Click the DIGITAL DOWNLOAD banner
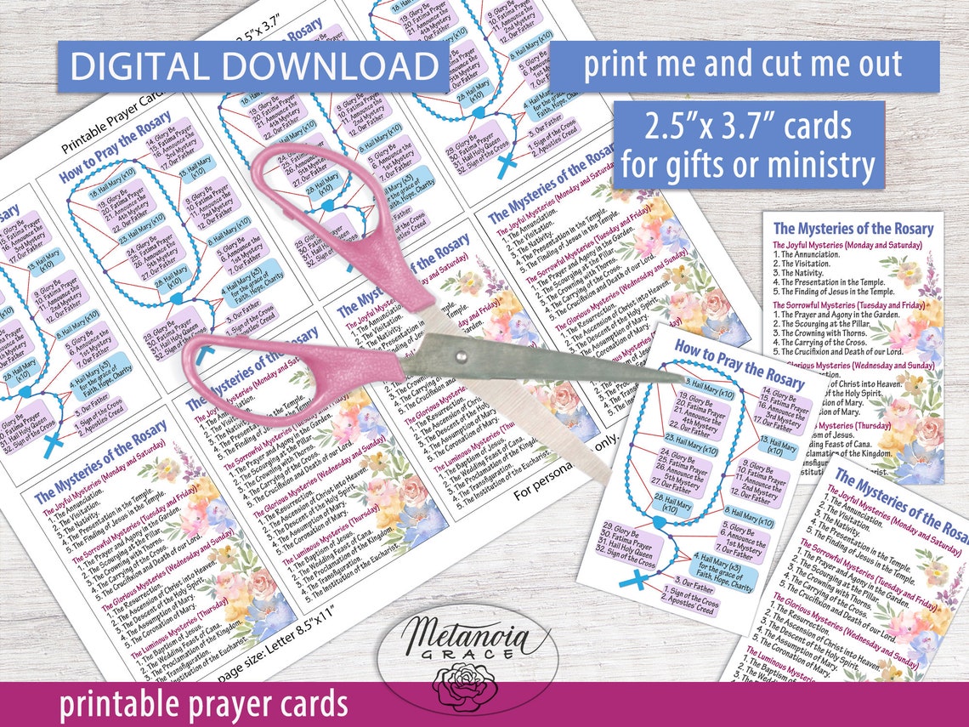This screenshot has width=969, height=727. click(x=252, y=67)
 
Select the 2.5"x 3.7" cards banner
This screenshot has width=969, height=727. click(x=747, y=145)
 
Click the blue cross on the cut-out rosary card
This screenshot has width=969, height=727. click(x=630, y=582)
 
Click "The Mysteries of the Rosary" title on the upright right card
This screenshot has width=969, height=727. click(x=853, y=228)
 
